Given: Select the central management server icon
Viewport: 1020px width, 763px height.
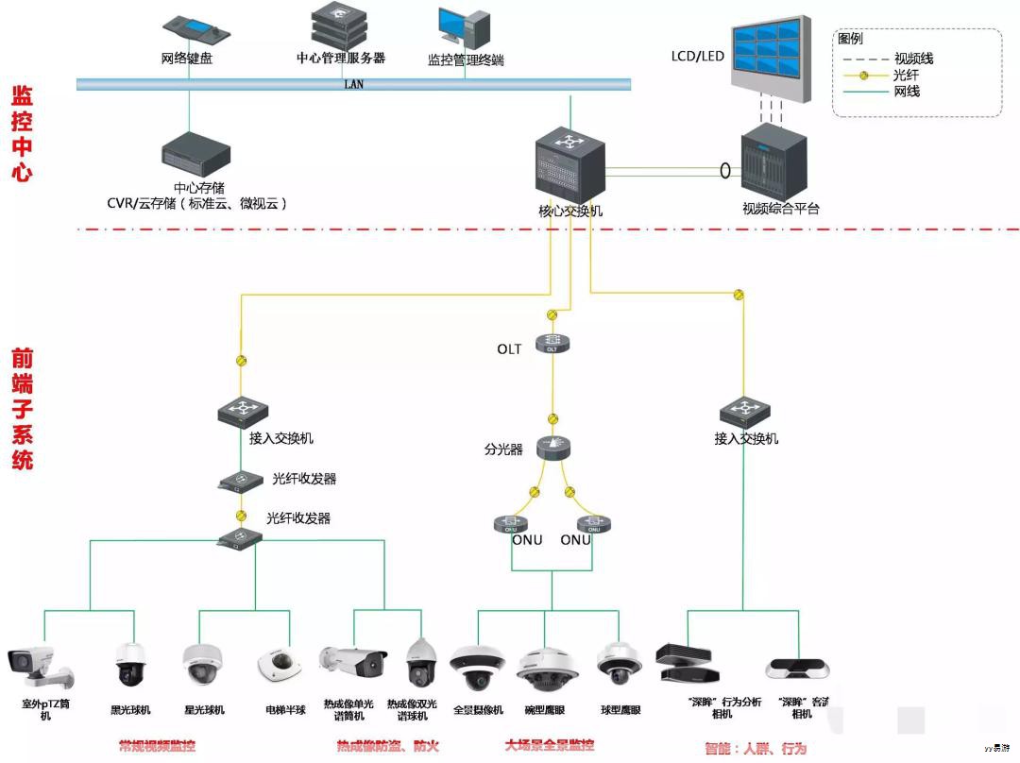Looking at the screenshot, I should (340, 25).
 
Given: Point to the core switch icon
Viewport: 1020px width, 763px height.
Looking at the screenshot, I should (569, 165).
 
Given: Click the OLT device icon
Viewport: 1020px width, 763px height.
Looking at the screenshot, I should (552, 345).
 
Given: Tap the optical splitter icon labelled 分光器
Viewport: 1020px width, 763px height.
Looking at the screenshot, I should (552, 448).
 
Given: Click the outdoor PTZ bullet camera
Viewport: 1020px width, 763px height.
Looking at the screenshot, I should (39, 667).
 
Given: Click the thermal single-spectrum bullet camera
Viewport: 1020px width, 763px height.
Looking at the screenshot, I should (352, 661).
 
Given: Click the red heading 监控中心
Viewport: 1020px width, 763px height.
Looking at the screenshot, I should (21, 133).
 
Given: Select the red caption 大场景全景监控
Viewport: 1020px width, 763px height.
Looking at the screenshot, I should (549, 746).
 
